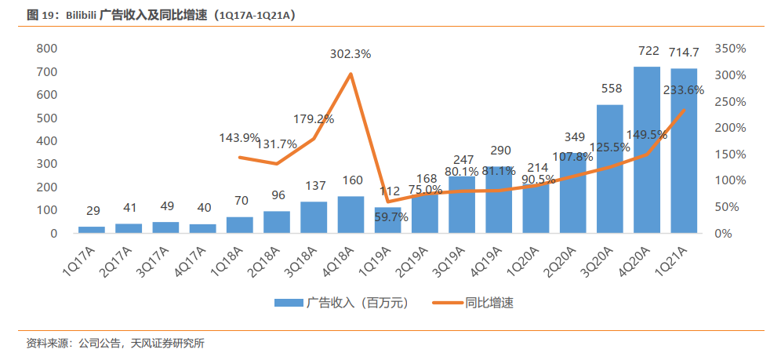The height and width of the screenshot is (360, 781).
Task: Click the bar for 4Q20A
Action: click(x=646, y=150)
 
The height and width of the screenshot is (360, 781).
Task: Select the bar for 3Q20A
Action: click(x=609, y=169)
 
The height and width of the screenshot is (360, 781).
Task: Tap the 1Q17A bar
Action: click(x=92, y=230)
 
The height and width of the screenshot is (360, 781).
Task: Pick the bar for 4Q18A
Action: click(x=351, y=215)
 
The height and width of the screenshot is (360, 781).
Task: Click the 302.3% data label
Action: click(x=351, y=54)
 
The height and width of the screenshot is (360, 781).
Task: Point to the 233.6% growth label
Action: click(x=683, y=90)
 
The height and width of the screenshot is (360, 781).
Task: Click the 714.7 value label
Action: click(x=684, y=51)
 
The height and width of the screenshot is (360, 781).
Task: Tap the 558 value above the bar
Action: click(x=612, y=89)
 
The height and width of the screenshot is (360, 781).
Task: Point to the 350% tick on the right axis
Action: click(x=730, y=49)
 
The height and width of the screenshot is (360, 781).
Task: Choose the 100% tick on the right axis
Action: click(x=730, y=180)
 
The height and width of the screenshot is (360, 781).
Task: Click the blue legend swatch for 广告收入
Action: click(x=289, y=303)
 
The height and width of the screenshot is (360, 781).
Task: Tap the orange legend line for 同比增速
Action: click(x=447, y=303)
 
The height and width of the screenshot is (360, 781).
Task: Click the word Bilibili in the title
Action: click(x=82, y=16)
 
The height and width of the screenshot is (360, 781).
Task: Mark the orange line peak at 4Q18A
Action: click(x=351, y=75)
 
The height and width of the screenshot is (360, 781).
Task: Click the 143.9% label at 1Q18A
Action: click(x=240, y=137)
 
